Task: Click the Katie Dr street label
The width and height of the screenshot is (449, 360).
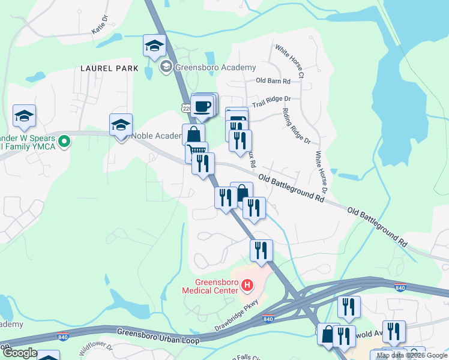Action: pyautogui.click(x=100, y=25)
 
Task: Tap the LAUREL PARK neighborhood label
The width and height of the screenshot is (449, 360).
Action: pyautogui.click(x=109, y=69)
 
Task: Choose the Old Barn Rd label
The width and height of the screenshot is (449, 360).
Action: pyautogui.click(x=273, y=80)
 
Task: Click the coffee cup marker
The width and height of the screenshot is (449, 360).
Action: pyautogui.click(x=202, y=107)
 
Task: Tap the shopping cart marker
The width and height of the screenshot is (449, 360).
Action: pyautogui.click(x=196, y=152)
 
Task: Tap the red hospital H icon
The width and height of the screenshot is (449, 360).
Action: pyautogui.click(x=246, y=284)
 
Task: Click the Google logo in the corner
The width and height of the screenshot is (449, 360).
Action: pyautogui.click(x=19, y=353)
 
